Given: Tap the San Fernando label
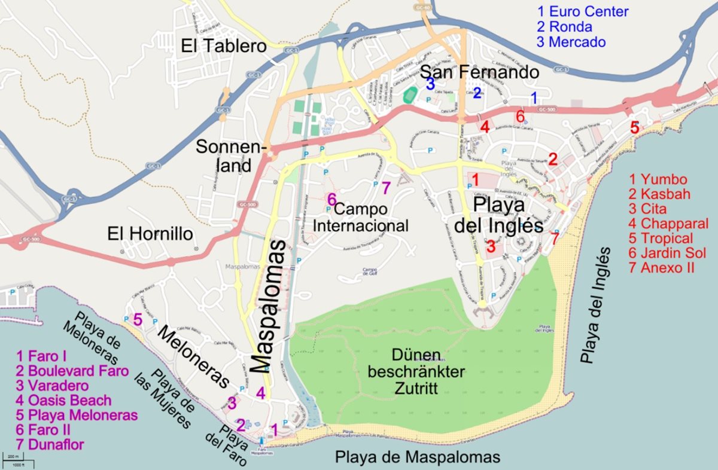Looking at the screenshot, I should (x=479, y=72).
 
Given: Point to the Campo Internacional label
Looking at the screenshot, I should (x=361, y=217).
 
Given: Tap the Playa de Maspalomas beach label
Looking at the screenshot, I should (x=417, y=457).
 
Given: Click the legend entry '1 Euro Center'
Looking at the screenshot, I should (x=582, y=11).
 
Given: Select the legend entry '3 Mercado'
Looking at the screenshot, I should (x=571, y=42).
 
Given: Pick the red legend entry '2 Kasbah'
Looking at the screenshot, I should (x=659, y=194).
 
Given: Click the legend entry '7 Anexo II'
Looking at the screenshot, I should (x=662, y=267).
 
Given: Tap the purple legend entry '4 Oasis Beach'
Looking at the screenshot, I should (x=64, y=400).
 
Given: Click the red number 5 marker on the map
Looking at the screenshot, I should (x=634, y=127).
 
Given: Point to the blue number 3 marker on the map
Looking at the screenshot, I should (x=430, y=84).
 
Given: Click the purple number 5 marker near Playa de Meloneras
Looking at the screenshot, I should (x=138, y=320).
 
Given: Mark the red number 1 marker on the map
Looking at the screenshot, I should (x=475, y=179).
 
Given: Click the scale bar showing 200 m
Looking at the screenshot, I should (x=17, y=459).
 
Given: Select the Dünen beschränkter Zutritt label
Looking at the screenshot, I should (x=416, y=371).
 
